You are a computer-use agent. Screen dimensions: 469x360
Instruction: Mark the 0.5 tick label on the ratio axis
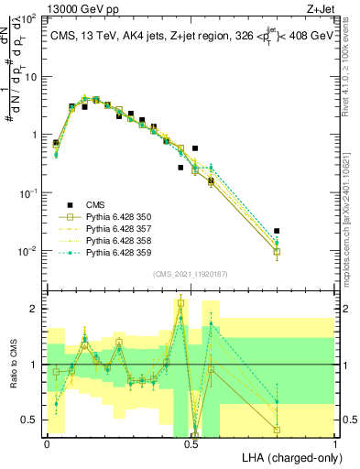[32, 420]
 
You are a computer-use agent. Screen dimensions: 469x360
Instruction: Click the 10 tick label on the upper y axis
[31, 76]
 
